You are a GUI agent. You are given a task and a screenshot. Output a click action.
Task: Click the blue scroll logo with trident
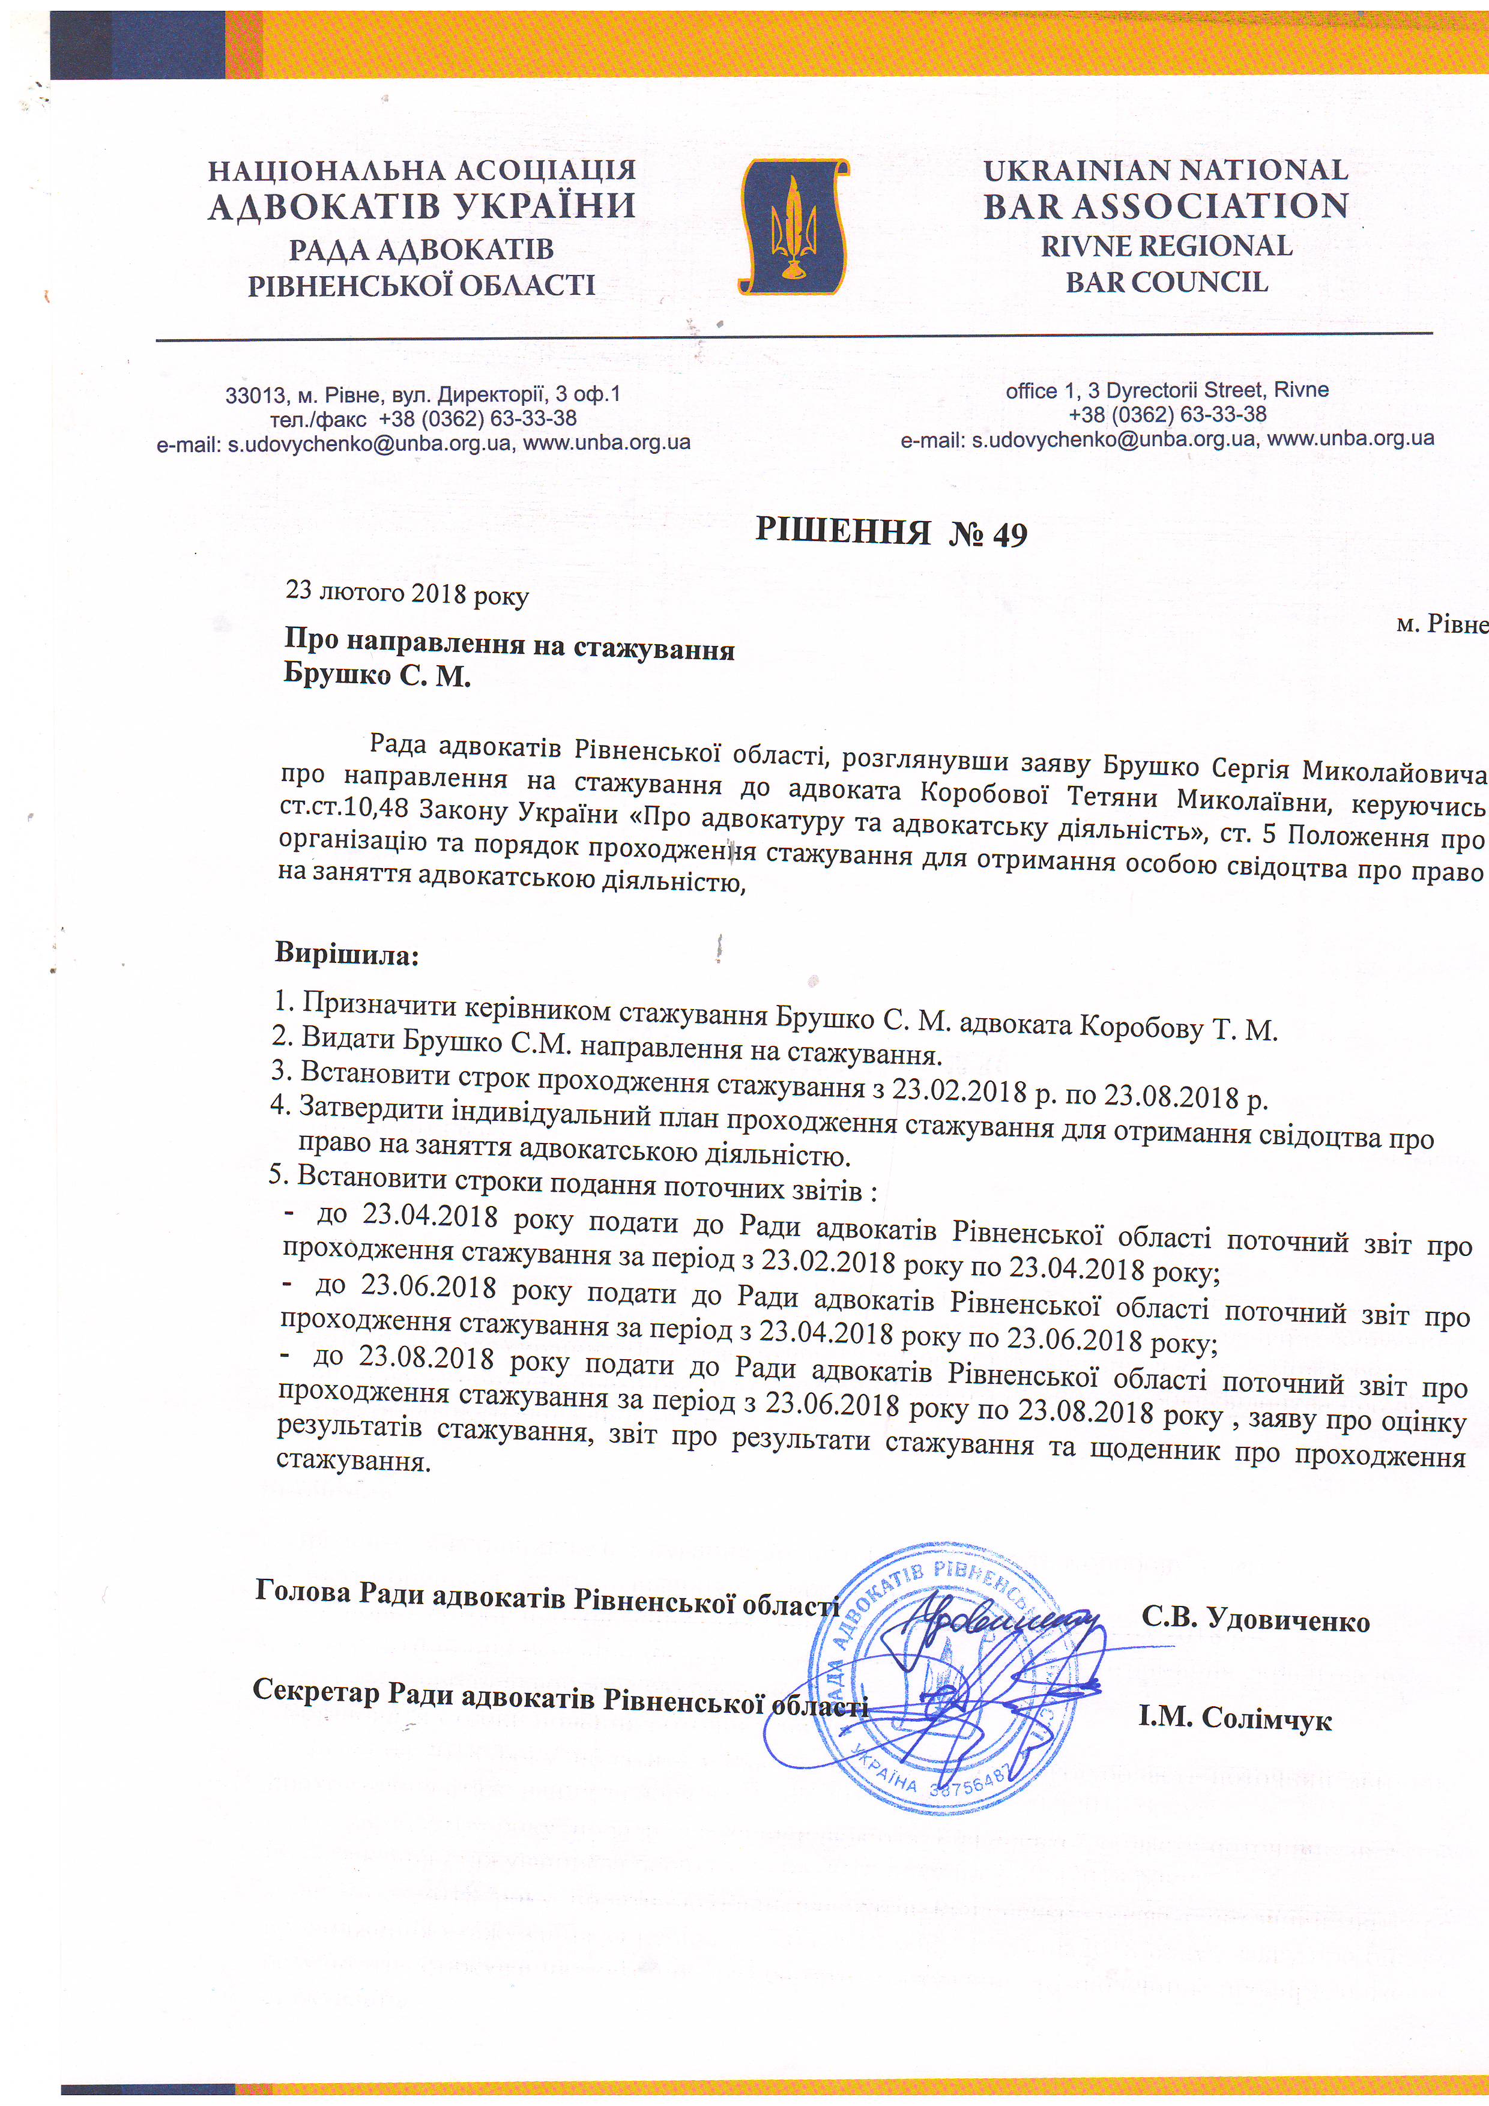coord(793,226)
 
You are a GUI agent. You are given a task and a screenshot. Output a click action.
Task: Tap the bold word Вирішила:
coord(347,954)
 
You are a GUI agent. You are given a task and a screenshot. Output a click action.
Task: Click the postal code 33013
coord(255,396)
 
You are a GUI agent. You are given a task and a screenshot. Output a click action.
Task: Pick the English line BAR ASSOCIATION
coord(1165,207)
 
